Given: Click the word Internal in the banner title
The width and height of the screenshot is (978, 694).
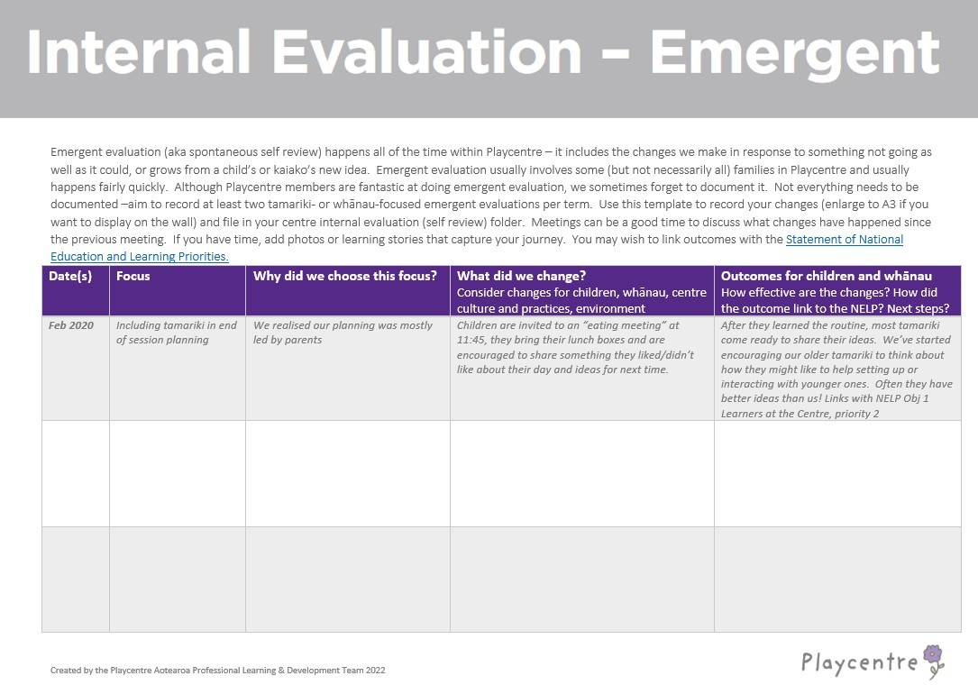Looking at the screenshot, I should [x=139, y=52].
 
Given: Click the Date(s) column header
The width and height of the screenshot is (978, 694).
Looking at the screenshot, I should [x=70, y=276].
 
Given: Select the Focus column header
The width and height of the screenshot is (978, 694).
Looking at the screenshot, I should [x=133, y=276].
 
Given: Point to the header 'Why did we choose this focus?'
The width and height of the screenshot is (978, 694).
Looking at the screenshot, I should [x=345, y=276].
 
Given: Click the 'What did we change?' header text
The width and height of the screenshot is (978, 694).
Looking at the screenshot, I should [x=522, y=276].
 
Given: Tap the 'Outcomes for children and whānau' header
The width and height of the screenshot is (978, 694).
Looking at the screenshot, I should [x=827, y=276].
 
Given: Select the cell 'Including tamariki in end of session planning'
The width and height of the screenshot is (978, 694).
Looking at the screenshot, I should [x=177, y=333].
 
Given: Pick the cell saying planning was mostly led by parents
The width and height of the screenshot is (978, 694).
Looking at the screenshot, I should [x=343, y=333].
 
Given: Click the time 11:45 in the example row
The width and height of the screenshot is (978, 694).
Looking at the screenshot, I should [x=472, y=341].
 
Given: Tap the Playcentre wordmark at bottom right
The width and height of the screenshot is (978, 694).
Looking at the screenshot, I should [x=859, y=663].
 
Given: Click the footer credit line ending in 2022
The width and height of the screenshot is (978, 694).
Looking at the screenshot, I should [x=218, y=671].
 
